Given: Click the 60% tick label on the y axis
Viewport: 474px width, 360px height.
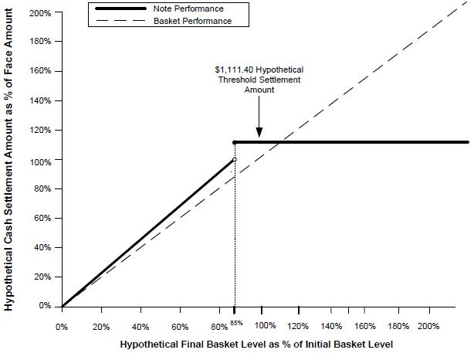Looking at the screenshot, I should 42,218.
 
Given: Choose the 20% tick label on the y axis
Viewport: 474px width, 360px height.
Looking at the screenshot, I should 42,277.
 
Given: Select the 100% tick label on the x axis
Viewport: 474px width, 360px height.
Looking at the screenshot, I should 265,326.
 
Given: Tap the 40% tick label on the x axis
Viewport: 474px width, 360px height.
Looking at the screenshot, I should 141,326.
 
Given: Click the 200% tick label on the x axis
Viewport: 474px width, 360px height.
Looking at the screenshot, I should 429,326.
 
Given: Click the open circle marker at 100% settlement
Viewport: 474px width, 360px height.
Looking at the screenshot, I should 234,160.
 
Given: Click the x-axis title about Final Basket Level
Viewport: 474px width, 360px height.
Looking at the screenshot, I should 258,343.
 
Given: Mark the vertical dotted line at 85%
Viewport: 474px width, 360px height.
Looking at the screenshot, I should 234,232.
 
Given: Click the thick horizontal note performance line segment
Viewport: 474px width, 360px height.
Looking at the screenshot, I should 355,142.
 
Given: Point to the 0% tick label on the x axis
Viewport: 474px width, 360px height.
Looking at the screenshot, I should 62,326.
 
